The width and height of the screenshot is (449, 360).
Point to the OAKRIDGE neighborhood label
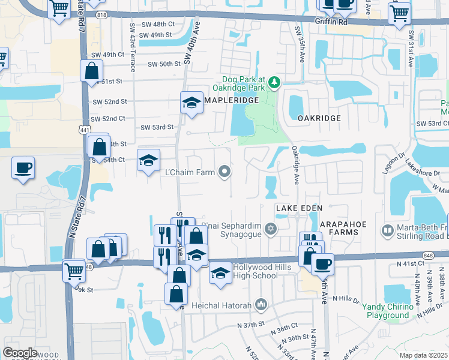pos(319,118)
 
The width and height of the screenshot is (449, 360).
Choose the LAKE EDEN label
pos(299,208)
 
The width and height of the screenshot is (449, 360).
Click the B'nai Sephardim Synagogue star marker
pos(271,228)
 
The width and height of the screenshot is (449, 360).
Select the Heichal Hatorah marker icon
pos(260,305)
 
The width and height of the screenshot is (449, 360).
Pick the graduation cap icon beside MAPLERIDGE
pos(191,103)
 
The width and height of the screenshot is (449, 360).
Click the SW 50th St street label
pos(164,64)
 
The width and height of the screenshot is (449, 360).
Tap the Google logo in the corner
pos(20,353)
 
